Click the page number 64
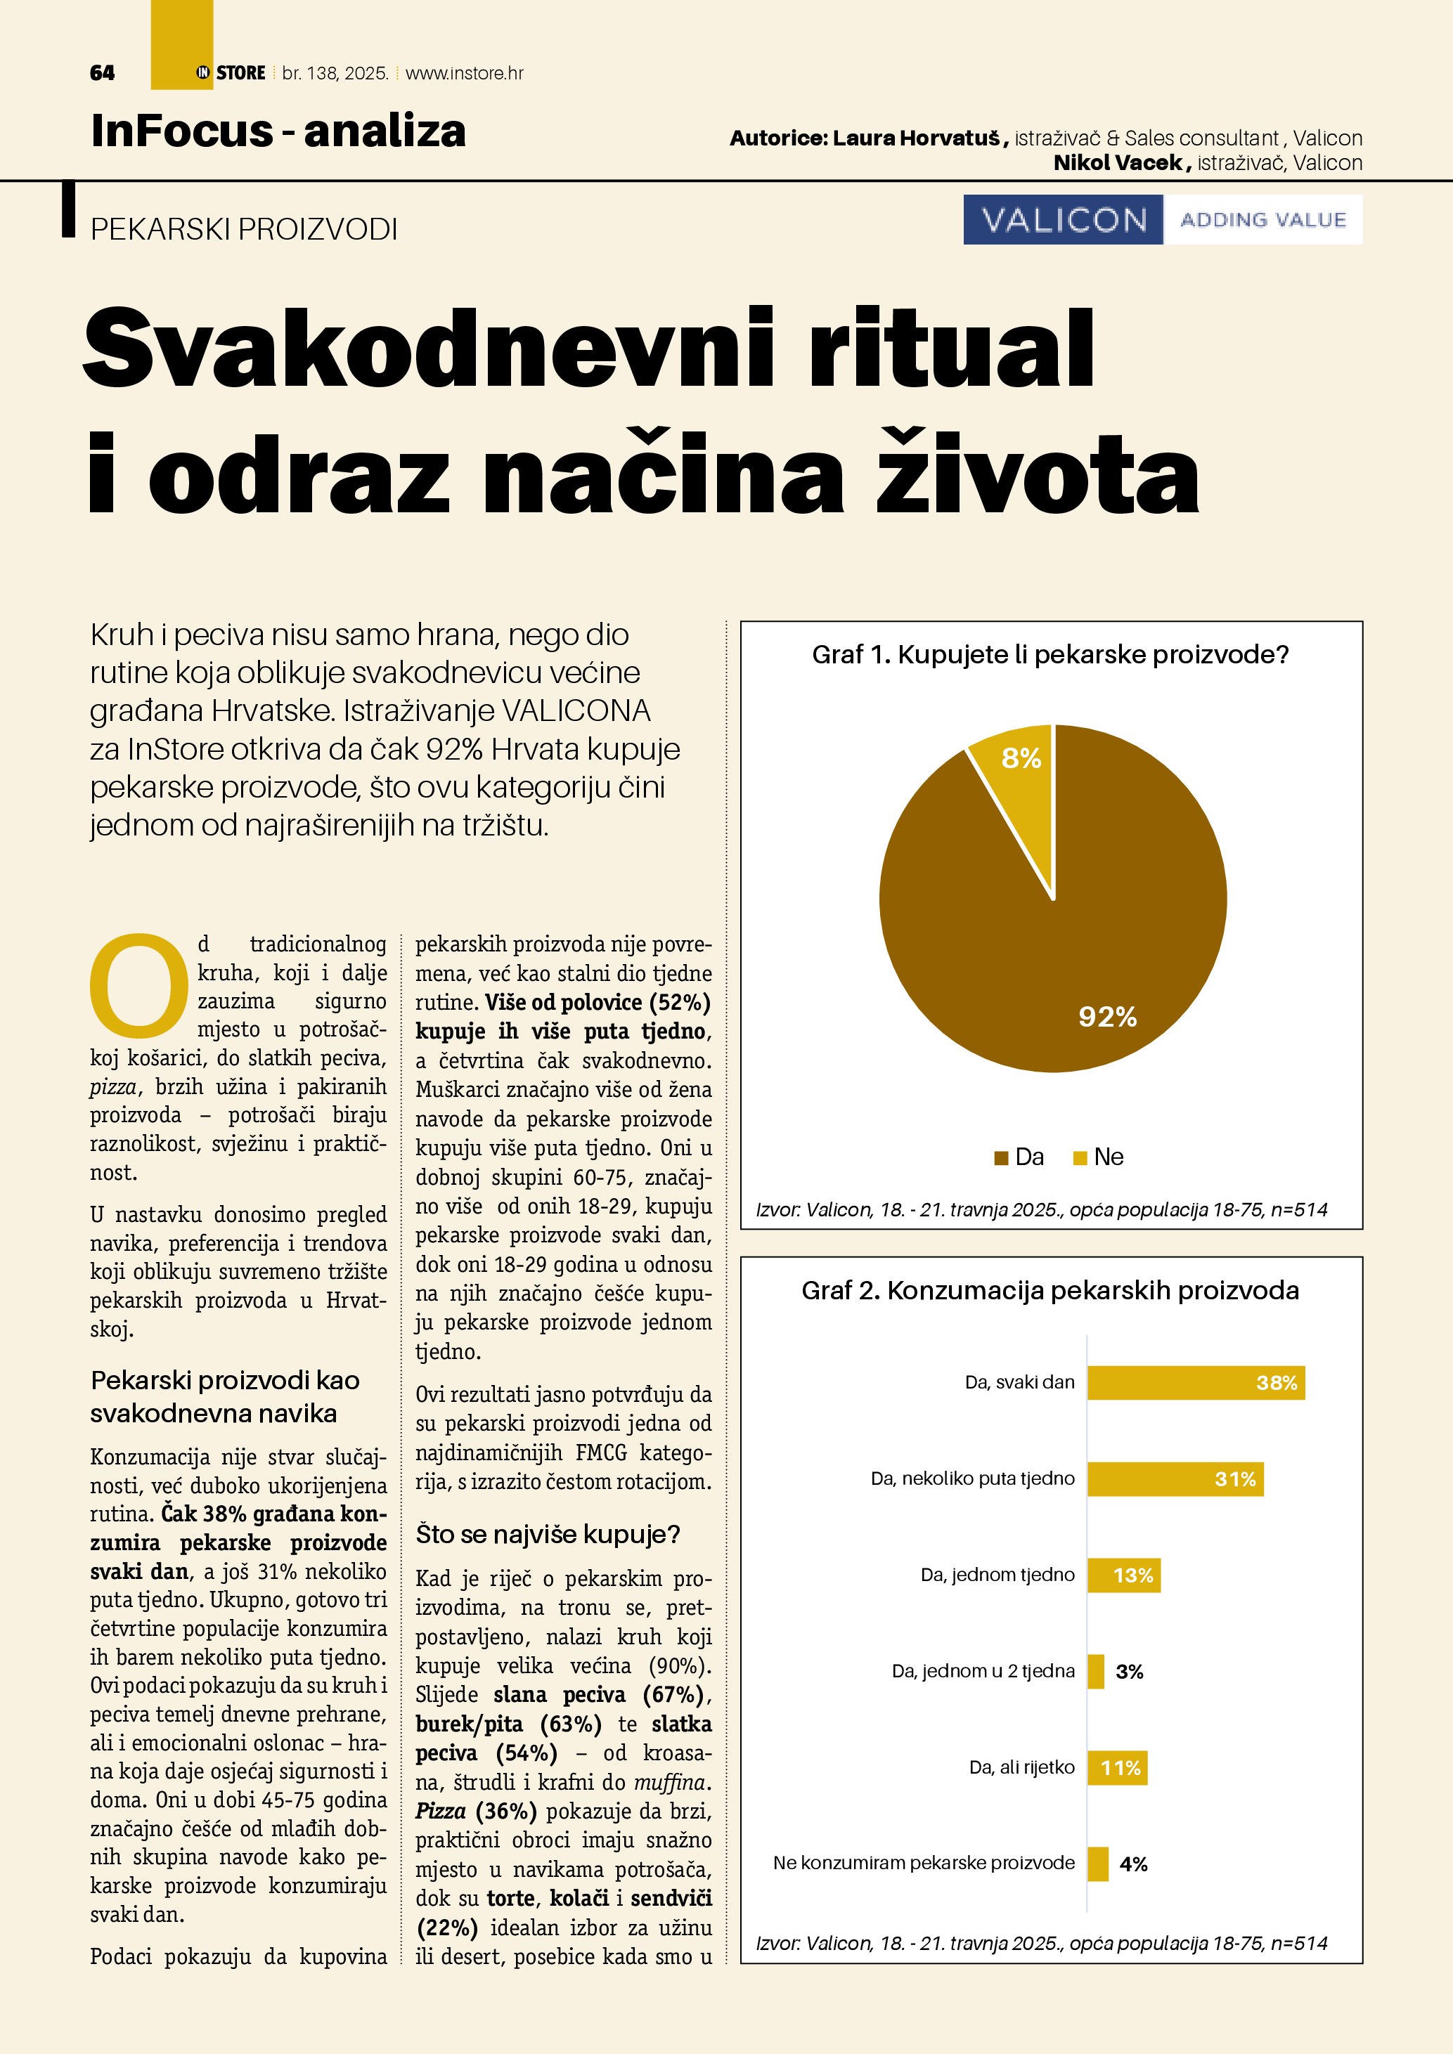point(102,73)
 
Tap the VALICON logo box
point(1063,220)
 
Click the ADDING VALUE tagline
point(1263,220)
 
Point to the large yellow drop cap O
point(138,982)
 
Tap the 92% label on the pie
point(1106,1016)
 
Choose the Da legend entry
point(1019,1157)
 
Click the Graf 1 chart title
point(1050,655)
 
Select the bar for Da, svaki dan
point(1195,1382)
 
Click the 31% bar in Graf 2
point(1175,1478)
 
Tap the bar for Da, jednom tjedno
point(1124,1575)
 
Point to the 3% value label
point(1129,1671)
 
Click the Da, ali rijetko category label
point(1022,1767)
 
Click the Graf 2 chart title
point(1050,1290)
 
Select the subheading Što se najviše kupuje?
point(548,1534)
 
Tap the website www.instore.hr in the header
point(465,73)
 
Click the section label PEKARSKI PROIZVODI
point(243,230)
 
